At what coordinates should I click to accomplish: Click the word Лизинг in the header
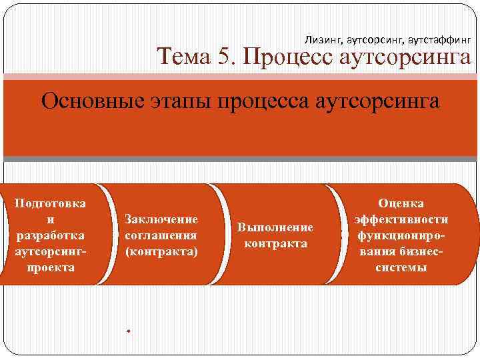[x=322, y=39]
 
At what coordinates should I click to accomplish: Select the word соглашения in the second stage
[x=161, y=235]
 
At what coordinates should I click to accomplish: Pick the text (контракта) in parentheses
[x=161, y=251]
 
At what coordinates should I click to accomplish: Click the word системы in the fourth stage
[x=401, y=267]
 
